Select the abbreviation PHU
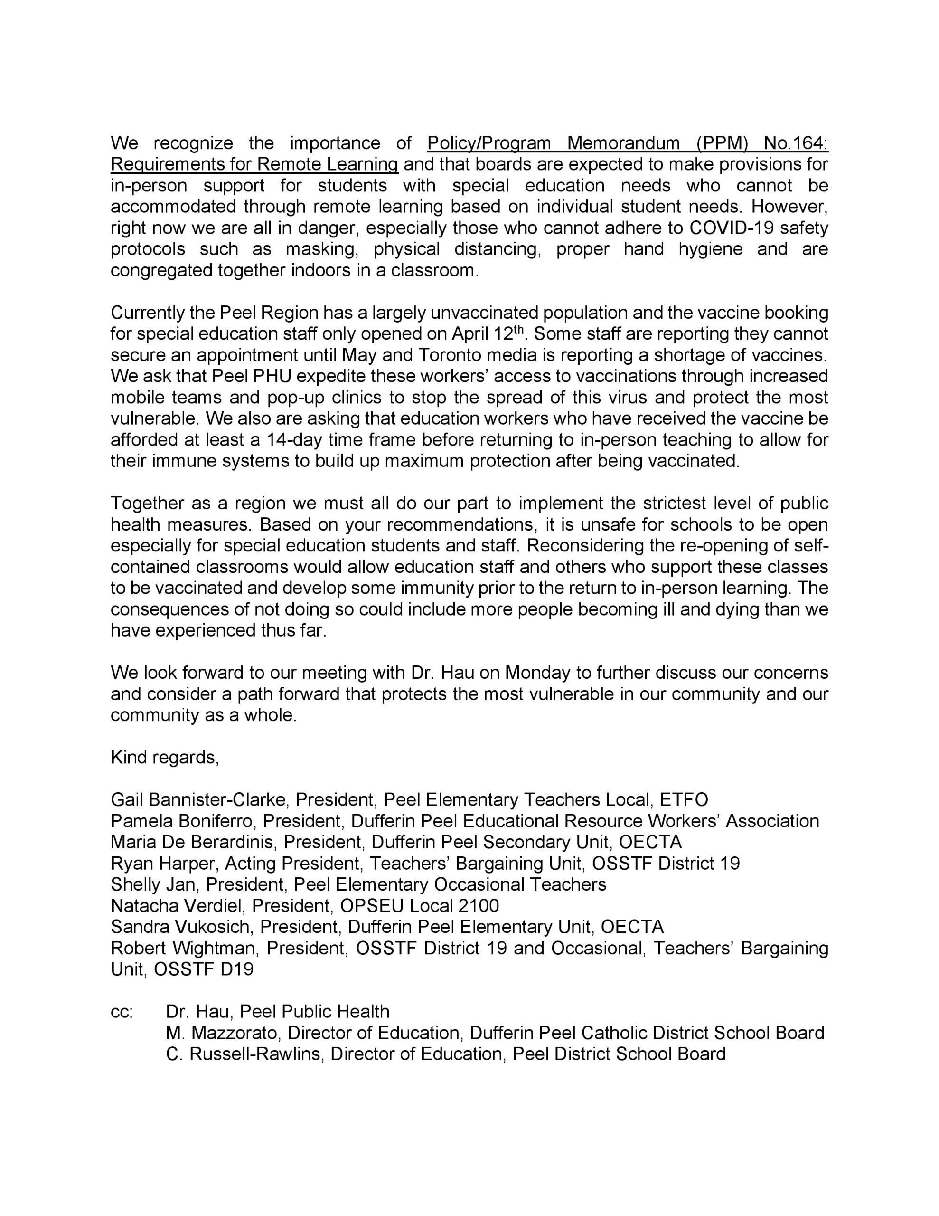tap(272, 376)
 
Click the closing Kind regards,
tap(165, 757)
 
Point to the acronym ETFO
tap(684, 800)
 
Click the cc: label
tap(122, 1012)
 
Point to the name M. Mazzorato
tap(222, 1033)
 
